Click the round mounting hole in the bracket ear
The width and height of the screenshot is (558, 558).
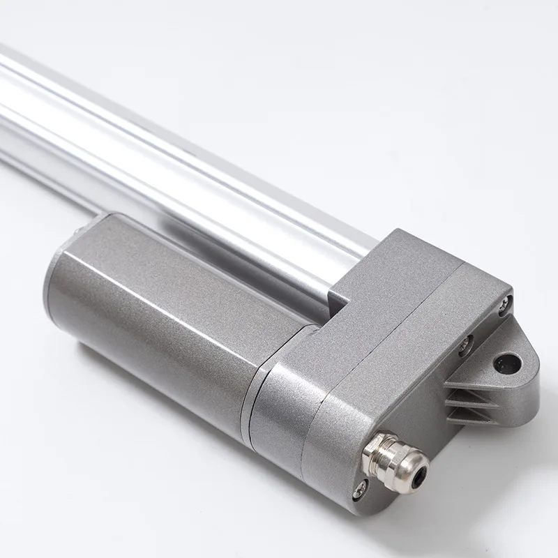tap(506, 362)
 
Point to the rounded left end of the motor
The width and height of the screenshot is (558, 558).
tap(59, 279)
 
